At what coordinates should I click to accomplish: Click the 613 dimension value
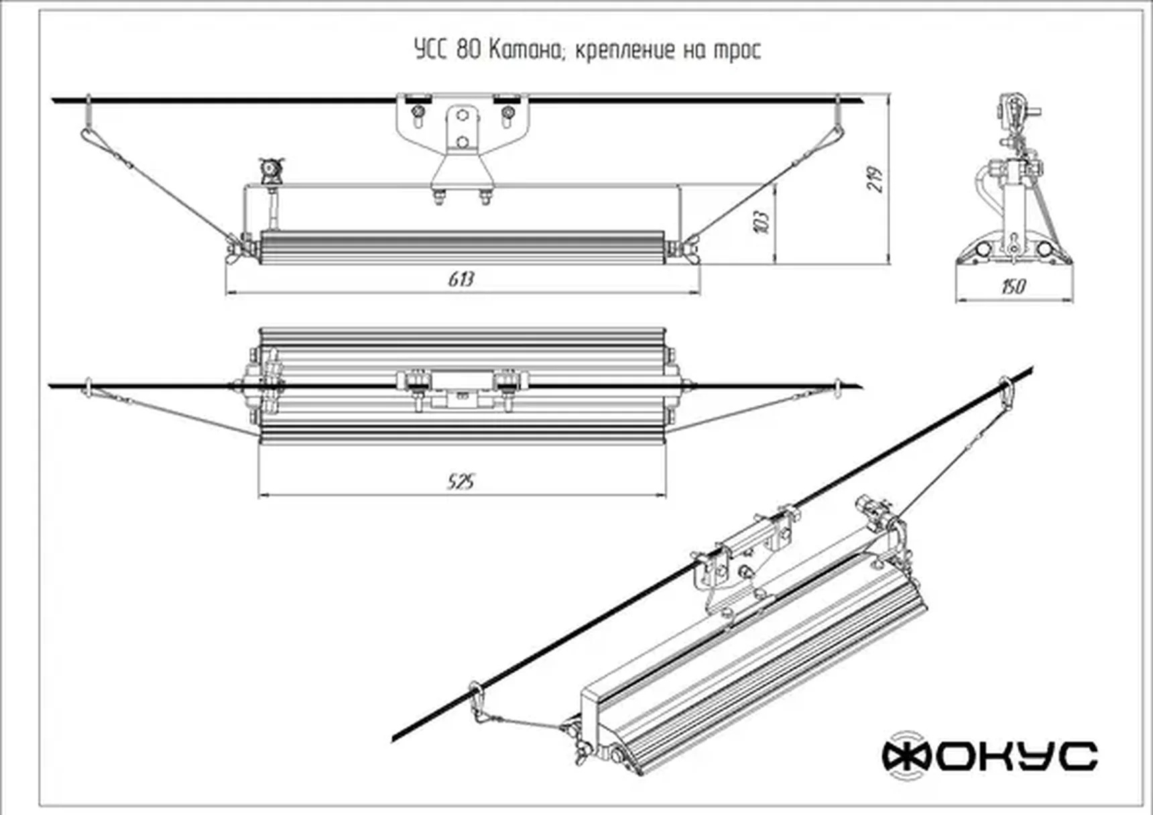pyautogui.click(x=461, y=279)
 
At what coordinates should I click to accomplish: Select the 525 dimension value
pyautogui.click(x=461, y=482)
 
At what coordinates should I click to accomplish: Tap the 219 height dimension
pyautogui.click(x=875, y=178)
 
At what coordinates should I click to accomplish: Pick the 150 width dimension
pyautogui.click(x=1013, y=287)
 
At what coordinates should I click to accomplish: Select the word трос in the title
pyautogui.click(x=737, y=51)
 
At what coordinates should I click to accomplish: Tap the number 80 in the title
pyautogui.click(x=469, y=50)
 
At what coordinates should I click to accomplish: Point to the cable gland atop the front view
pyautogui.click(x=271, y=170)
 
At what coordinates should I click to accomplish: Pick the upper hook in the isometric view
pyautogui.click(x=1006, y=393)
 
